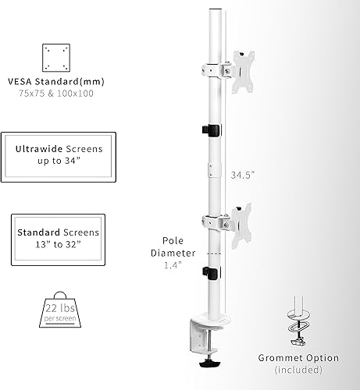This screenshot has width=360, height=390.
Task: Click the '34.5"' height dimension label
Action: pos(243,175)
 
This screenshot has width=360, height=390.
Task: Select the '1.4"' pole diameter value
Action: pos(173,265)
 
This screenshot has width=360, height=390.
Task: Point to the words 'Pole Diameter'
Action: pos(173,247)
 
